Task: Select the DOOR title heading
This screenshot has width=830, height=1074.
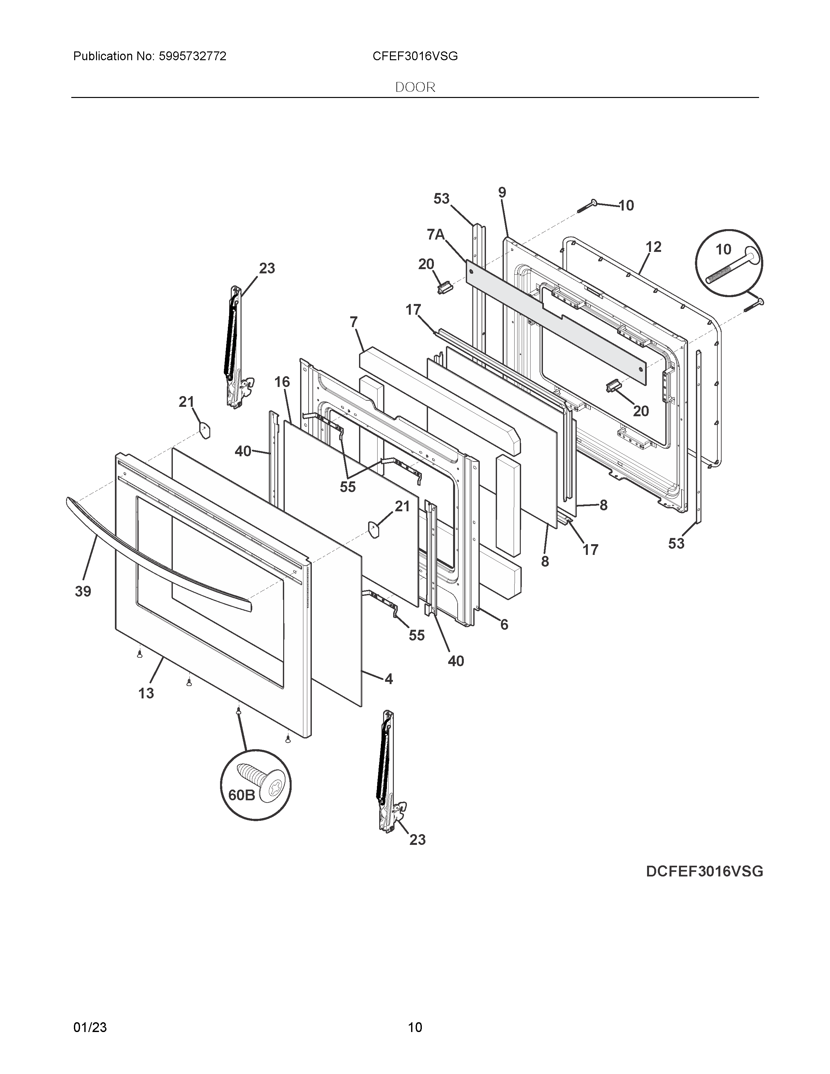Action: [x=415, y=88]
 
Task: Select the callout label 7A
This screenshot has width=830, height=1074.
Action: [x=436, y=235]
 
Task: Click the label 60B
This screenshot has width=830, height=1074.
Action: [x=242, y=808]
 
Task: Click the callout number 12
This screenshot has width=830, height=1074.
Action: [x=654, y=247]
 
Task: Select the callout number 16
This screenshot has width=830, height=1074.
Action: [x=282, y=382]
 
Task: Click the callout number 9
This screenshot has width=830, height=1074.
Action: [x=502, y=193]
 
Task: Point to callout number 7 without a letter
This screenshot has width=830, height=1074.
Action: [x=353, y=322]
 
